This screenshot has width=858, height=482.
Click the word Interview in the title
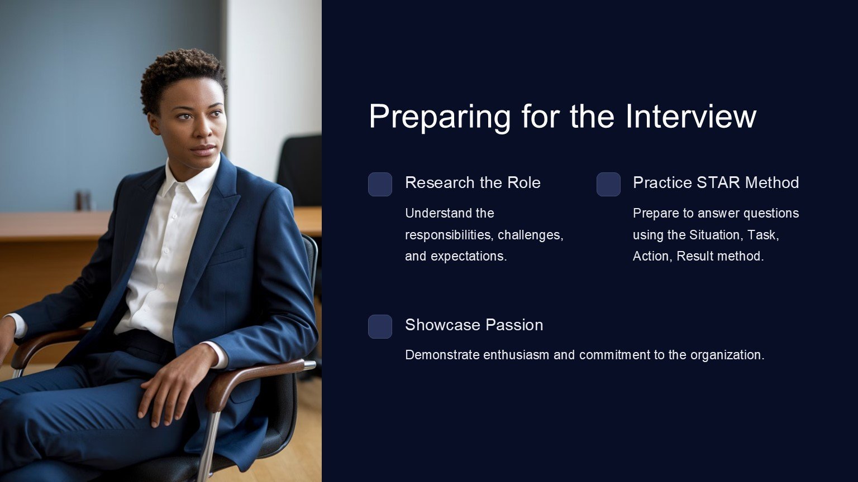[691, 116]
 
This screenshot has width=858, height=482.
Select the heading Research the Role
[473, 182]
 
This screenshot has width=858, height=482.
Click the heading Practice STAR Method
[716, 182]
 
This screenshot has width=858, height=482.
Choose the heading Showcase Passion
[474, 325]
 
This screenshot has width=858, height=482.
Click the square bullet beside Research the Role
[380, 185]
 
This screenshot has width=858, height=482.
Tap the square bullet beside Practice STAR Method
[608, 185]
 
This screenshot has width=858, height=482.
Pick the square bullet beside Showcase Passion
[380, 327]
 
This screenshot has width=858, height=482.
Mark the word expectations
[469, 257]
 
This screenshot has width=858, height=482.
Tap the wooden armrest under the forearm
[249, 379]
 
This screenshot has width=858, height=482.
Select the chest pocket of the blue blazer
[227, 256]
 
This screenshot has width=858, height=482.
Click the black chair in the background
[301, 168]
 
